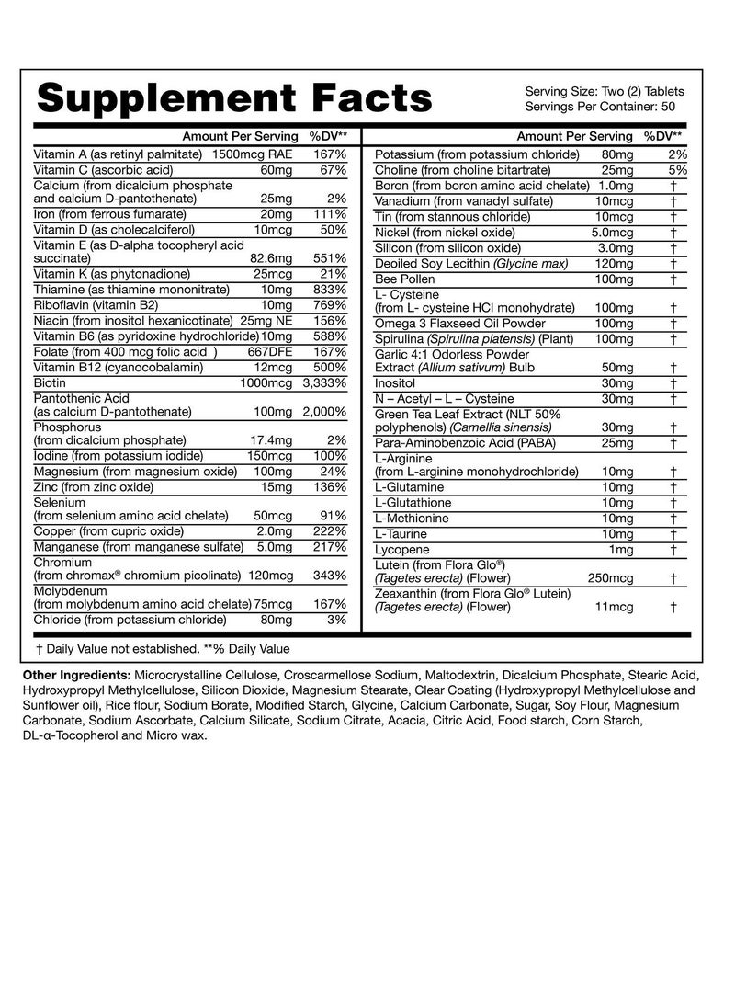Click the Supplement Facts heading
[x=233, y=97]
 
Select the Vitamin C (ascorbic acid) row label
[x=103, y=170]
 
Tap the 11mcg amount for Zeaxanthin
[x=616, y=607]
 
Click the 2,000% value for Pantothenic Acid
[x=324, y=411]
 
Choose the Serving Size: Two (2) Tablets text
[x=605, y=91]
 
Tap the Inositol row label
[x=396, y=382]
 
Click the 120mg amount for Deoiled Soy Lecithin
[x=614, y=264]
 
